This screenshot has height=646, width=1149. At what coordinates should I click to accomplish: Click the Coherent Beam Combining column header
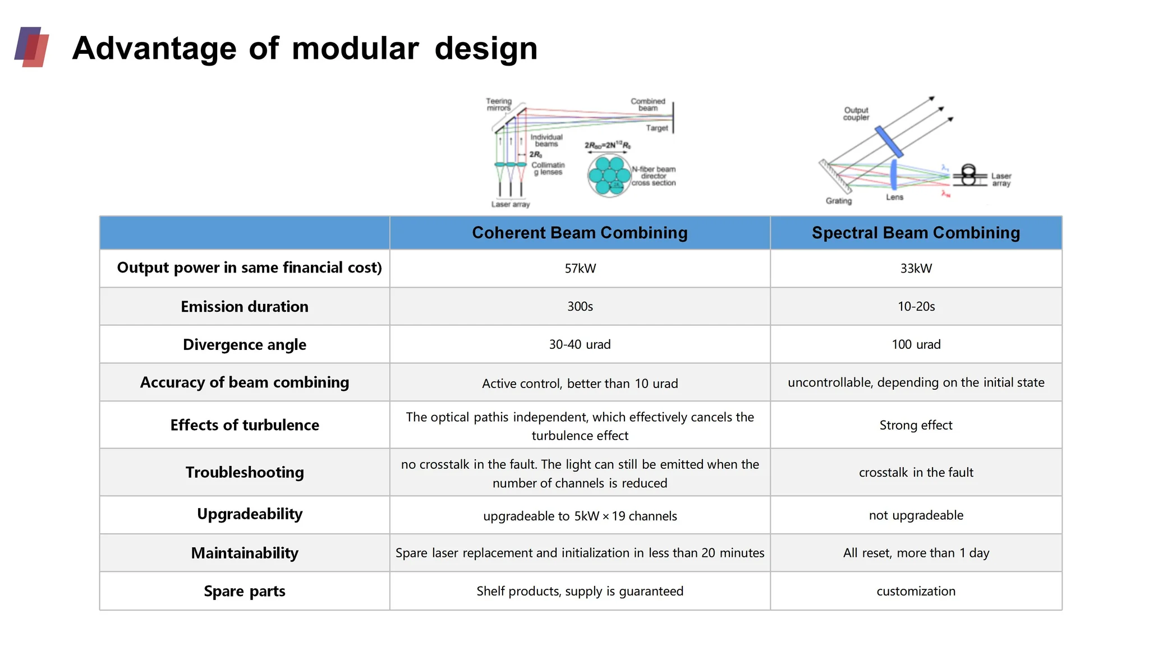point(580,233)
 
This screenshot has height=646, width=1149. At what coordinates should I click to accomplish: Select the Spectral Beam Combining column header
point(916,233)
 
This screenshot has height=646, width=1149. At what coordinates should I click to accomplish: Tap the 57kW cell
point(580,269)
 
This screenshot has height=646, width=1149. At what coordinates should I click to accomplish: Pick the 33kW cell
point(916,269)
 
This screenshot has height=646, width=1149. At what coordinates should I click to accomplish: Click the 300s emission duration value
point(580,307)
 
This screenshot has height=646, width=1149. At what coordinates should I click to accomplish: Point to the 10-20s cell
point(916,307)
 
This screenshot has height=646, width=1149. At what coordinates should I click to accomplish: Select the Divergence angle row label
point(245,344)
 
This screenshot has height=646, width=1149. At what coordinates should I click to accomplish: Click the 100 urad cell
point(916,344)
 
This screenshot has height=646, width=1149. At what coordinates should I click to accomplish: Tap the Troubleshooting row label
point(245,472)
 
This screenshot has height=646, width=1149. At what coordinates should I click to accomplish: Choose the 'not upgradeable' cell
point(916,515)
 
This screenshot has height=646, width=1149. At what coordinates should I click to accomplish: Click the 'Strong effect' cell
point(916,425)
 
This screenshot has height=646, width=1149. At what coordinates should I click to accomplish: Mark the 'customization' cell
point(916,591)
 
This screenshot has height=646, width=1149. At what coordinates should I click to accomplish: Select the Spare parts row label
point(245,591)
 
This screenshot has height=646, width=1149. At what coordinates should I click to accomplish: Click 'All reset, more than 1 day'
point(916,553)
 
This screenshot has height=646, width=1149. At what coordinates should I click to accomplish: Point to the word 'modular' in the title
point(355,48)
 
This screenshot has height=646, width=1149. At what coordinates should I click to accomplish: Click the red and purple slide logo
point(32,47)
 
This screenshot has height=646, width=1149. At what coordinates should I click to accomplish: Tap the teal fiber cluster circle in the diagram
point(609,176)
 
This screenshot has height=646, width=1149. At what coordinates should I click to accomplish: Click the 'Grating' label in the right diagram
point(838,201)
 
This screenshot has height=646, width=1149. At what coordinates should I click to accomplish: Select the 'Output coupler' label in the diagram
point(856,114)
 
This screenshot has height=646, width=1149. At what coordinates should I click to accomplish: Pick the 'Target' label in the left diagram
point(656,128)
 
